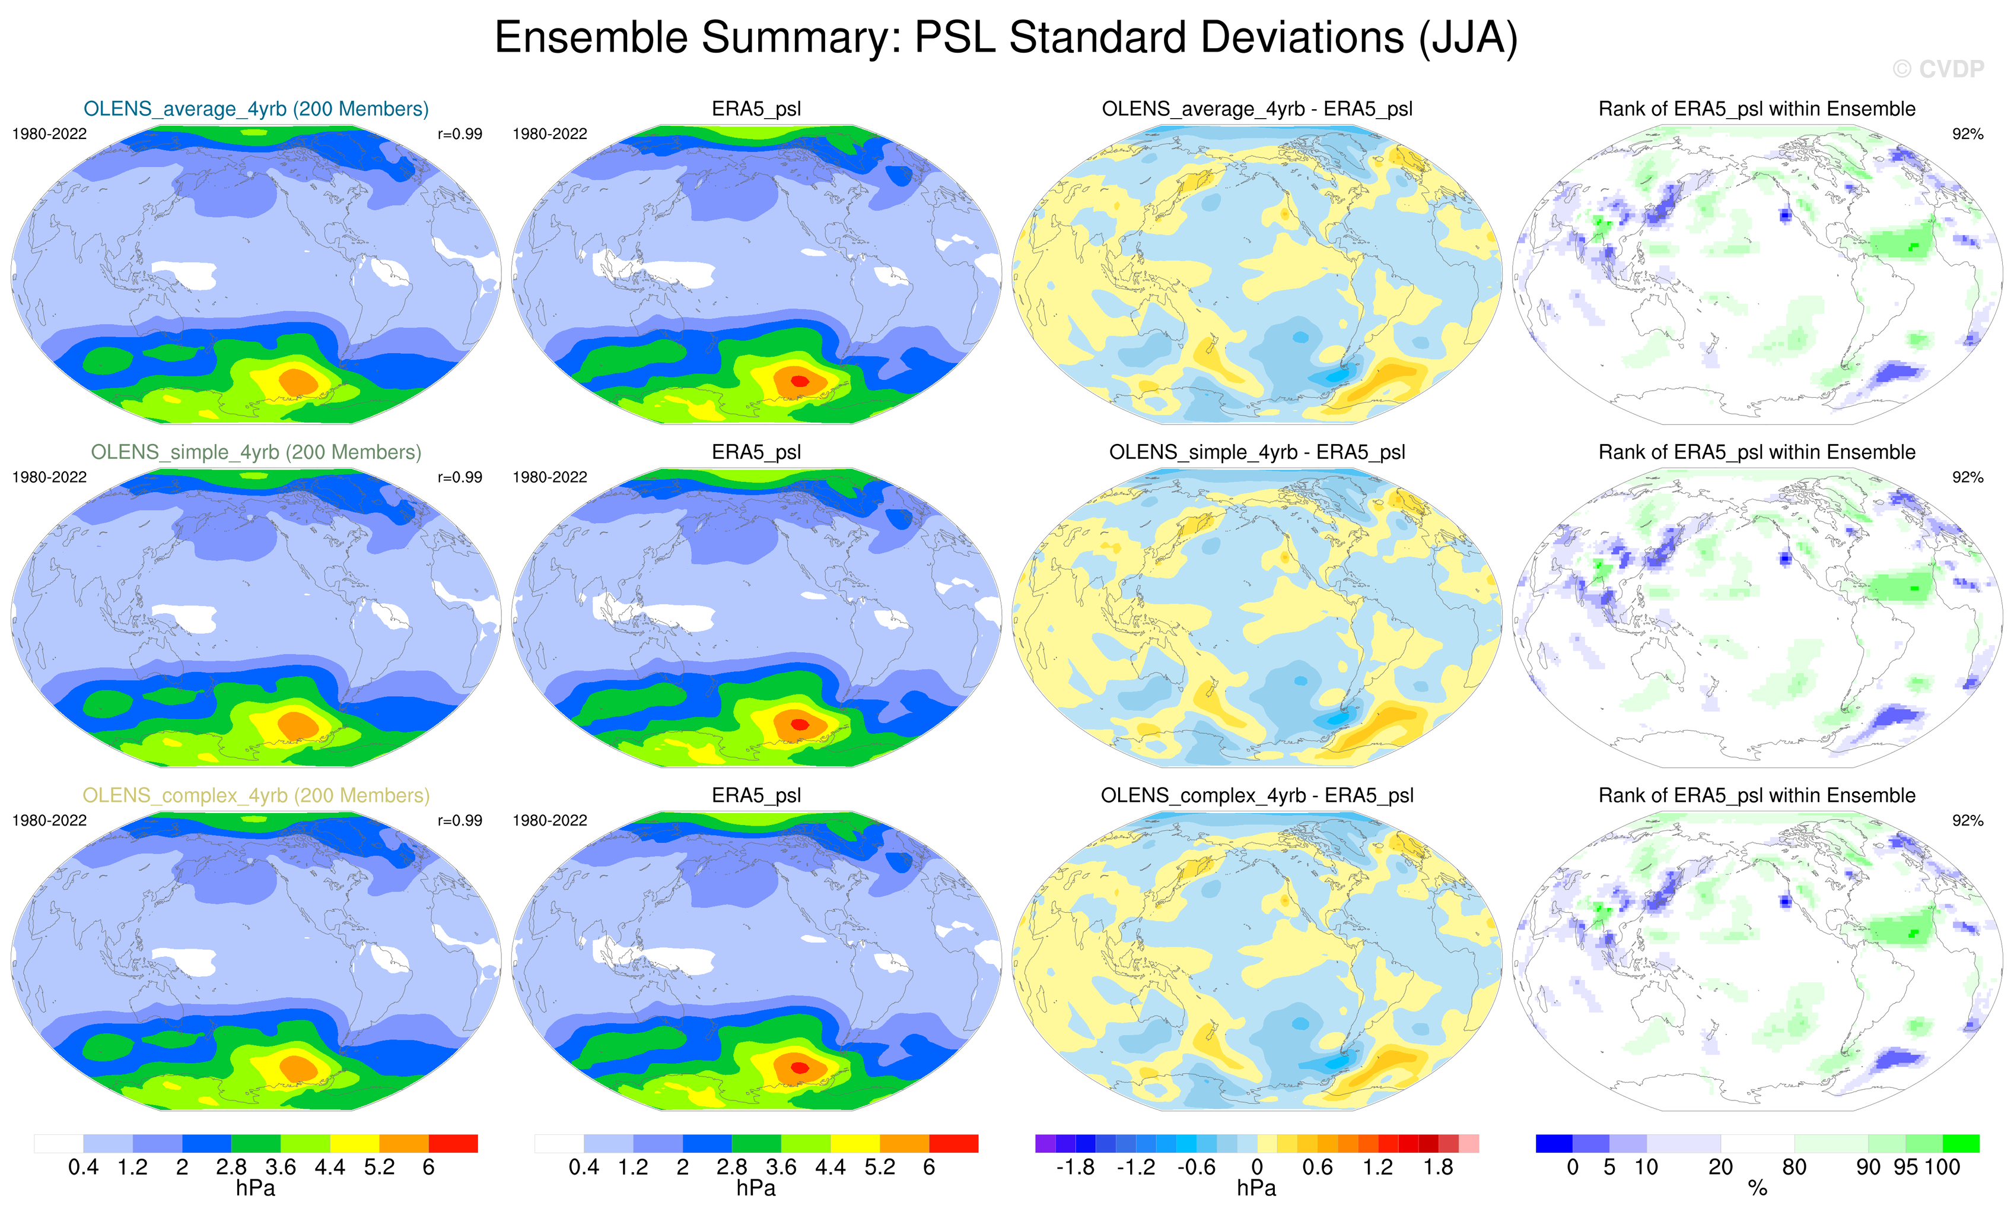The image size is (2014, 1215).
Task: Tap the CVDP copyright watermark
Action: [x=1938, y=69]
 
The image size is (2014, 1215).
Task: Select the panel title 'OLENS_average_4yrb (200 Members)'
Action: [x=256, y=109]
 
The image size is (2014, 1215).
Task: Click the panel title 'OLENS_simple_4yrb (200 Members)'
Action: [x=256, y=452]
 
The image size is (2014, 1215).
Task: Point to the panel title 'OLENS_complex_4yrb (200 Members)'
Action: [x=256, y=795]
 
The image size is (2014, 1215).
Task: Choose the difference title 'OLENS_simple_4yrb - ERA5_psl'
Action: [x=1257, y=452]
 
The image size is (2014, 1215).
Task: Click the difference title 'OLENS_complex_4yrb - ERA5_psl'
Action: [x=1257, y=795]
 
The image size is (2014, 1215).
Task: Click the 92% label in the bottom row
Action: [x=1967, y=821]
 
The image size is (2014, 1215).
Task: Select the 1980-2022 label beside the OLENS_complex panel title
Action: [x=49, y=821]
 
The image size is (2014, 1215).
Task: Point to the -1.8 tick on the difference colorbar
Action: [x=1075, y=1168]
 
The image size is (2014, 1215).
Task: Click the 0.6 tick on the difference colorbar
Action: [x=1318, y=1168]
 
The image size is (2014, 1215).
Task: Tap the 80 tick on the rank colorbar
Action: [x=1794, y=1168]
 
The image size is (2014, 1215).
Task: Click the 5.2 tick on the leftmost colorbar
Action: [x=379, y=1168]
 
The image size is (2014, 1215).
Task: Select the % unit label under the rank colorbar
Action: [x=1757, y=1189]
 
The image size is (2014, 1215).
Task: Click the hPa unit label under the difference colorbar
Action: [x=1256, y=1188]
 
